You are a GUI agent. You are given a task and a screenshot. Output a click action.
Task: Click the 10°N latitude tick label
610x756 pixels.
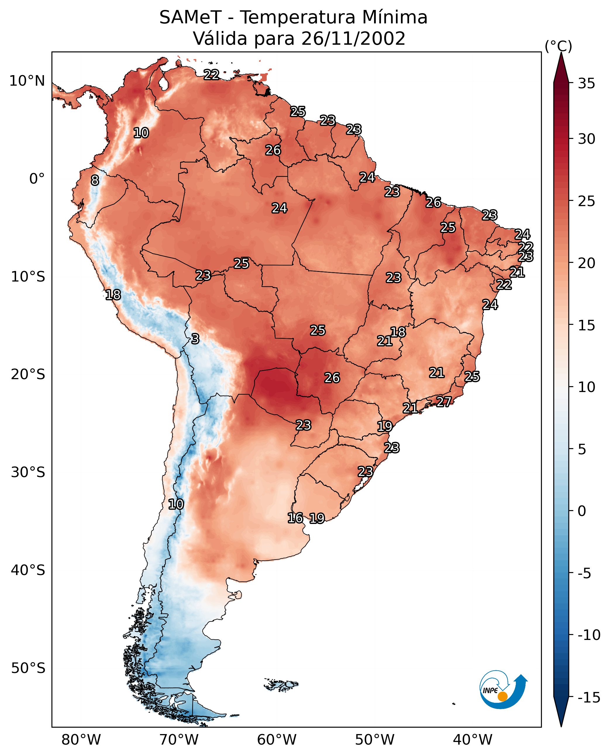click(27, 81)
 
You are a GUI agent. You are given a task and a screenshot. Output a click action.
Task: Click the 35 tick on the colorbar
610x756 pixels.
click(586, 84)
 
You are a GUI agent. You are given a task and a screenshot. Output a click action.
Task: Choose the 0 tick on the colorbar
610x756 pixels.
click(582, 511)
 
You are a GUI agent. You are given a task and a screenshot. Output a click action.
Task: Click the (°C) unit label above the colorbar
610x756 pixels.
click(558, 46)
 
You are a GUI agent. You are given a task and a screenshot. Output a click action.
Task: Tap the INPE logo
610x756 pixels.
click(503, 689)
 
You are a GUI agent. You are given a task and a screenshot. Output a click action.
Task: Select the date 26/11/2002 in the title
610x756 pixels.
click(353, 38)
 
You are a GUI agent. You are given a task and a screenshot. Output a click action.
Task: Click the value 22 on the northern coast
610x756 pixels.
click(211, 75)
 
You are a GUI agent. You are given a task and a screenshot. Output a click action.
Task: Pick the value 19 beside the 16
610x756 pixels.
click(317, 518)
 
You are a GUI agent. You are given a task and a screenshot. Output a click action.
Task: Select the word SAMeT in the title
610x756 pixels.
click(190, 17)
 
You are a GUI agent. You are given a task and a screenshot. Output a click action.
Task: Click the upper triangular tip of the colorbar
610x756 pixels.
click(561, 53)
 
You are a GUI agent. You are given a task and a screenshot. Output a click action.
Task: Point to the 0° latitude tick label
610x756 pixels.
click(37, 179)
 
